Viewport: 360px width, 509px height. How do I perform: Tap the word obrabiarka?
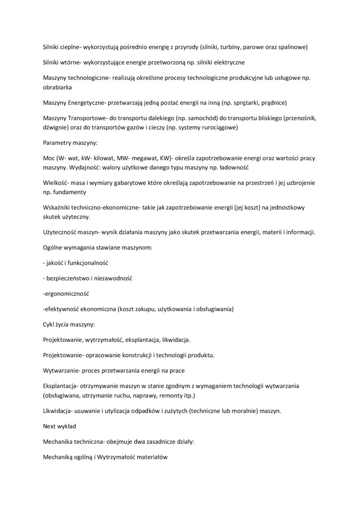click(57, 87)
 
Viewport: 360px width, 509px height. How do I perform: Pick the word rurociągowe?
click(217, 127)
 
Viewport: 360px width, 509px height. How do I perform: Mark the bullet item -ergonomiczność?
click(66, 293)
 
